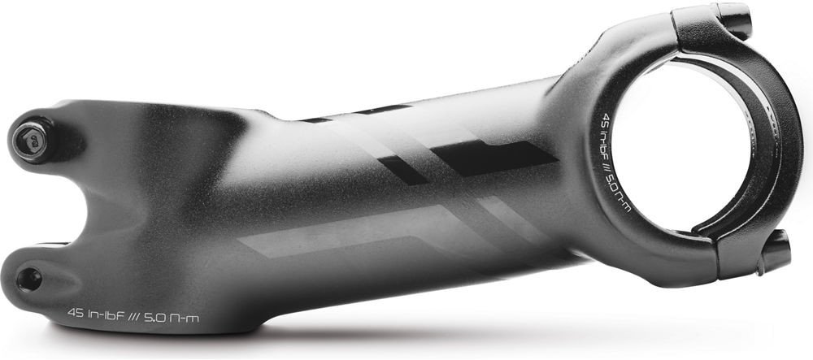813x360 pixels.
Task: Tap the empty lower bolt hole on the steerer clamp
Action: point(29,280)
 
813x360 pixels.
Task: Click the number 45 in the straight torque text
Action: point(76,314)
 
